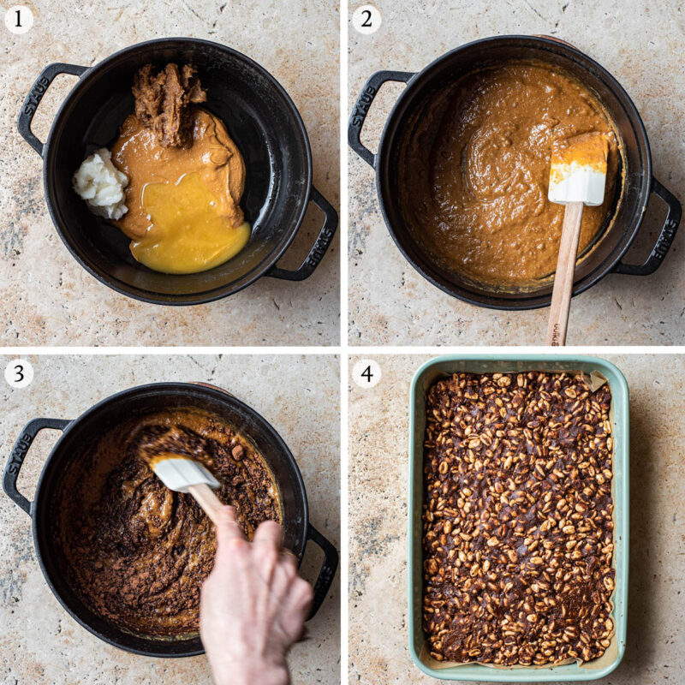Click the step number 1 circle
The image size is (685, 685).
pyautogui.click(x=19, y=19)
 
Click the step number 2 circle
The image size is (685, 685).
pyautogui.click(x=366, y=19)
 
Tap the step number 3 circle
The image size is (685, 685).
pyautogui.click(x=19, y=373)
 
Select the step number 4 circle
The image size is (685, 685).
pyautogui.click(x=366, y=373)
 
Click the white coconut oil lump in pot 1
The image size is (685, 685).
pyautogui.click(x=100, y=182)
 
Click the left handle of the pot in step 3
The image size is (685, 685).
pyautogui.click(x=24, y=462)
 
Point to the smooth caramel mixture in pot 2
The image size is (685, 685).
pyautogui.click(x=479, y=171)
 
